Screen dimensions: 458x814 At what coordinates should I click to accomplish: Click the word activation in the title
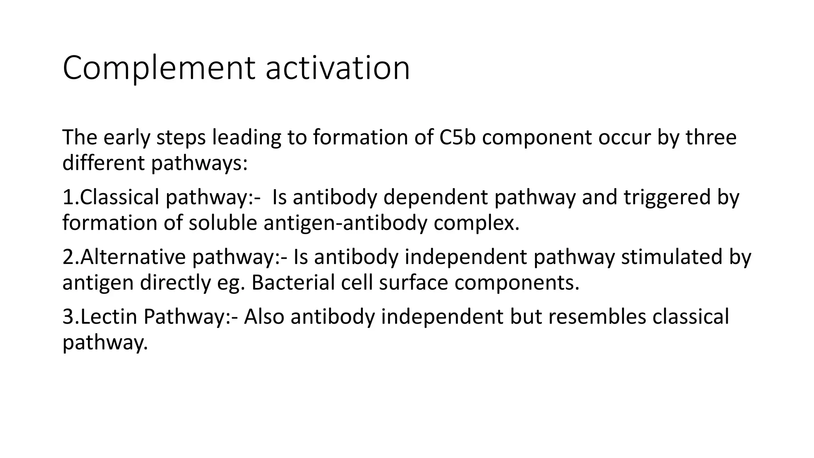tap(337, 68)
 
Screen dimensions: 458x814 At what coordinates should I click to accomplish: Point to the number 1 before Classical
tap(67, 197)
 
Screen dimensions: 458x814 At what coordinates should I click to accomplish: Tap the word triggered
tap(667, 197)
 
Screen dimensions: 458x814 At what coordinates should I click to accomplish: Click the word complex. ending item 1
tap(476, 223)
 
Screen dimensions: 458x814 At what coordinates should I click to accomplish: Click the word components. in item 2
tap(517, 283)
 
